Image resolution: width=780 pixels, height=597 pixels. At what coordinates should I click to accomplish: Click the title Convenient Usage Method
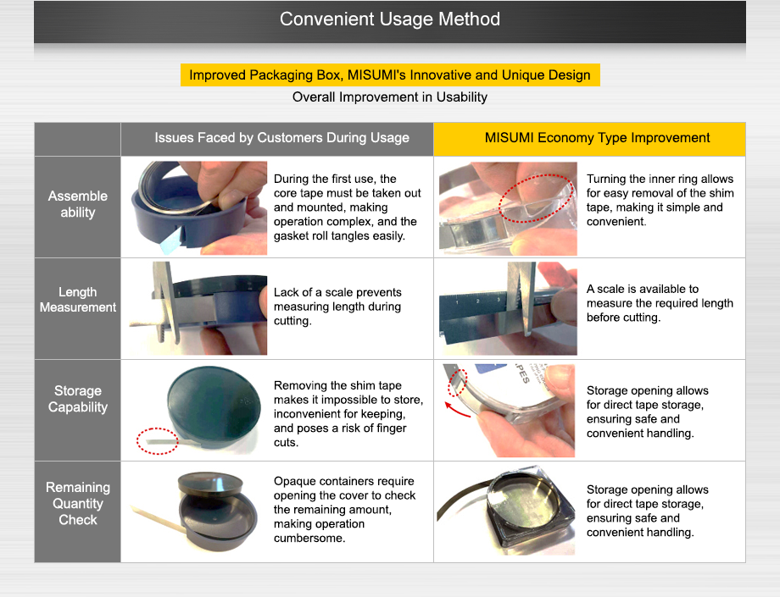(x=389, y=19)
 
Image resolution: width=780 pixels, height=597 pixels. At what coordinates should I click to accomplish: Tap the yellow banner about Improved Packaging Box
(x=390, y=75)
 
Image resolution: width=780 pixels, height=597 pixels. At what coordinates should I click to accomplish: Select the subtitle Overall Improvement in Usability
(x=389, y=97)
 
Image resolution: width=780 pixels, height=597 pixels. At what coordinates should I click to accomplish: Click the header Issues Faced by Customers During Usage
(x=281, y=137)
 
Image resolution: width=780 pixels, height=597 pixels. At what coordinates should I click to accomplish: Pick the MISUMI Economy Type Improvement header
(x=597, y=137)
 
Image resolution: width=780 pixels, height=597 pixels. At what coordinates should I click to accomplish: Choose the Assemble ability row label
(x=78, y=204)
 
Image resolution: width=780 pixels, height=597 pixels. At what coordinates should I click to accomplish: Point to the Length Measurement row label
(x=78, y=300)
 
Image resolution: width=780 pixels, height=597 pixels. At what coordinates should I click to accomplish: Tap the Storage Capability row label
(x=78, y=399)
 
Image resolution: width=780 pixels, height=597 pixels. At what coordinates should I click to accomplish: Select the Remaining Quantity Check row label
(x=78, y=504)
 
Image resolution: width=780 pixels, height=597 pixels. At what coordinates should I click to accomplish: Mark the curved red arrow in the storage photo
(x=457, y=411)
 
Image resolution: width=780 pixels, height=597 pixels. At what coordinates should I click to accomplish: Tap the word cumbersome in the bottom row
(x=309, y=538)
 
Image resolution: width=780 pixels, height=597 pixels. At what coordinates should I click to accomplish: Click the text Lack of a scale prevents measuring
(x=337, y=300)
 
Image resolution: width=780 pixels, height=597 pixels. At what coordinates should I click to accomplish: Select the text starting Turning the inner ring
(x=660, y=200)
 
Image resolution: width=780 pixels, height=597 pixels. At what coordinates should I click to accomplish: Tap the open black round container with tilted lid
(x=218, y=511)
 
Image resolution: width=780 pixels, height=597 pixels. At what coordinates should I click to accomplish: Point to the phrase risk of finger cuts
(x=340, y=435)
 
